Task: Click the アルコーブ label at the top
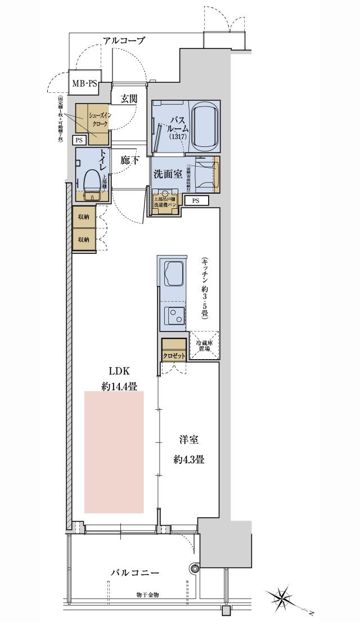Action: [124, 41]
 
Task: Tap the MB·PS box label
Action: [84, 84]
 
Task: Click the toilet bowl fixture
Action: [91, 182]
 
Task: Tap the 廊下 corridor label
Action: [130, 160]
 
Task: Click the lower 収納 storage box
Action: [83, 239]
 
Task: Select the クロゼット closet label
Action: [173, 356]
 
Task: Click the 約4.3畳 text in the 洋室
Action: [188, 459]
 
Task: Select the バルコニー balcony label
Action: [135, 572]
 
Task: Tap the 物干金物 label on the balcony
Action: [147, 595]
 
